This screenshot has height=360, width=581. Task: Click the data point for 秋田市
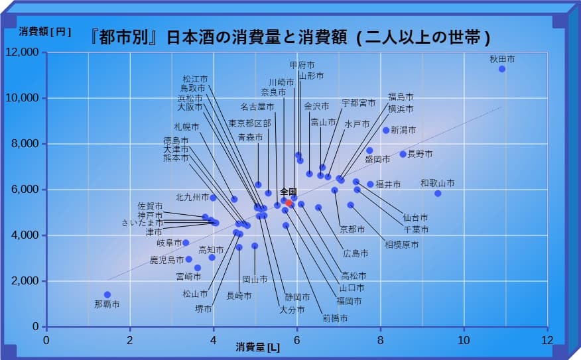point(502,69)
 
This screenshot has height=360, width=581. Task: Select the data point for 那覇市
point(107,294)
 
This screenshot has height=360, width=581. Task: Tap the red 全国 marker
point(289,203)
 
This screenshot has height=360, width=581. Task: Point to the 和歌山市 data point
point(438,194)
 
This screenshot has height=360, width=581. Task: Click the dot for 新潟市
point(386,130)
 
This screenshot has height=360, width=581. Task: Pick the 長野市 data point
point(403,154)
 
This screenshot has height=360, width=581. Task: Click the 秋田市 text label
point(502,59)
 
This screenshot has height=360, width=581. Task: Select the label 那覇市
point(107,305)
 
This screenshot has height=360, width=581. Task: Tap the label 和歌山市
point(437,183)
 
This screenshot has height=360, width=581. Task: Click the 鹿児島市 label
point(166,260)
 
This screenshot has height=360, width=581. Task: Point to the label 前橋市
point(335,318)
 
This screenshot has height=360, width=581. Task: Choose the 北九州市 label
point(192,198)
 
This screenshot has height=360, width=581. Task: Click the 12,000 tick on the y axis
point(23,52)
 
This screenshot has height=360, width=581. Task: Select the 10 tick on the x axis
point(464,339)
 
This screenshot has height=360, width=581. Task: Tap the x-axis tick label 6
point(297,339)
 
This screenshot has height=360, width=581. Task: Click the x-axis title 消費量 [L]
point(257,346)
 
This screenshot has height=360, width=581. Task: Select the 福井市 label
point(388,184)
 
